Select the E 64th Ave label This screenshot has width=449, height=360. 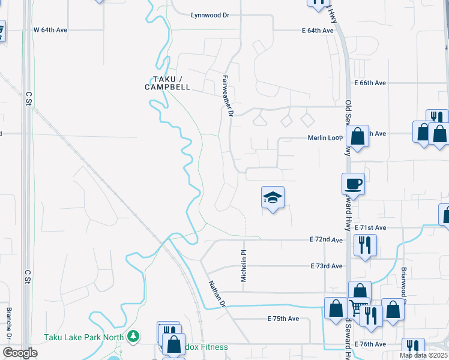tap(318, 31)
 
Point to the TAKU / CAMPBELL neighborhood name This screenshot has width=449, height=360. tap(167, 83)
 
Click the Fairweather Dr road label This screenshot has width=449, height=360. tap(226, 95)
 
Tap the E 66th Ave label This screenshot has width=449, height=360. tap(370, 83)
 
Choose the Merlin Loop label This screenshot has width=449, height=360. tap(325, 137)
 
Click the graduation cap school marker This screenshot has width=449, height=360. tap(273, 197)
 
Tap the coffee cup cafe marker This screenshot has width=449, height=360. tap(353, 184)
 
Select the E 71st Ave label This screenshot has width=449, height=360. tap(370, 228)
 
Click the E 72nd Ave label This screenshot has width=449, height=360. tap(327, 240)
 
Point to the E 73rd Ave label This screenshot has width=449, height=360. tap(327, 266)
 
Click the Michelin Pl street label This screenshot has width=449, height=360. tap(244, 266)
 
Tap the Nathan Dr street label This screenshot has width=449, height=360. tap(217, 293)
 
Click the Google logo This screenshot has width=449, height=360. tap(20, 353)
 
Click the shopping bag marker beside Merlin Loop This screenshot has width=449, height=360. tap(357, 137)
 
